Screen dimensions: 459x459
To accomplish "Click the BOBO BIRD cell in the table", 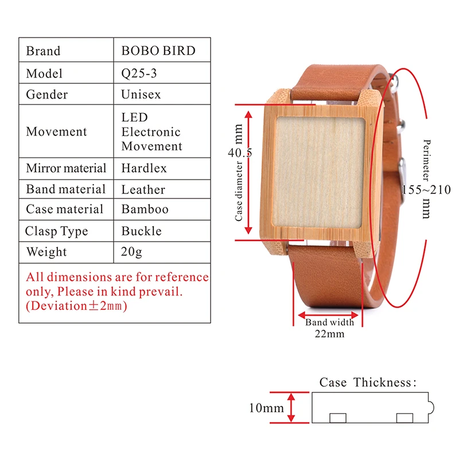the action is click(x=158, y=50).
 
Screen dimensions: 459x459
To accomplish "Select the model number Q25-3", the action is click(x=141, y=73).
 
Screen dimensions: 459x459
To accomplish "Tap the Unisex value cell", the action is click(x=141, y=95).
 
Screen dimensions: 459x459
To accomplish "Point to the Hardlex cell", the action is click(x=143, y=168).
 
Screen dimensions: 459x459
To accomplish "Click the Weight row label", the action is click(x=46, y=252).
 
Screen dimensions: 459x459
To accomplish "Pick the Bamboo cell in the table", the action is click(x=145, y=209).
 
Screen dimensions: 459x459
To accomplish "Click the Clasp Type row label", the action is click(x=56, y=231).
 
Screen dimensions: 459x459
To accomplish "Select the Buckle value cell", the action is click(x=141, y=231).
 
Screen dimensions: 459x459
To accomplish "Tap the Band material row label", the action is click(x=65, y=189).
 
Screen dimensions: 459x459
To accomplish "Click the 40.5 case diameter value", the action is click(x=239, y=153).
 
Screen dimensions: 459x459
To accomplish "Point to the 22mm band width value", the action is click(x=329, y=333).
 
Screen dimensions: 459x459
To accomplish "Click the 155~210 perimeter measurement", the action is click(x=426, y=190).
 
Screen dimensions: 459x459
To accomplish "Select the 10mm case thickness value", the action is click(x=266, y=408).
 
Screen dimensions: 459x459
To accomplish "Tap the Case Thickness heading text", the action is click(x=367, y=382).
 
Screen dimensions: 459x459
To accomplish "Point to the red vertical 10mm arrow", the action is click(x=291, y=408).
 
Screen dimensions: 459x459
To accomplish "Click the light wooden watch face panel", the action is click(x=318, y=172).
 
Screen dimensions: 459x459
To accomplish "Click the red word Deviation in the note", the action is click(x=57, y=306).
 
